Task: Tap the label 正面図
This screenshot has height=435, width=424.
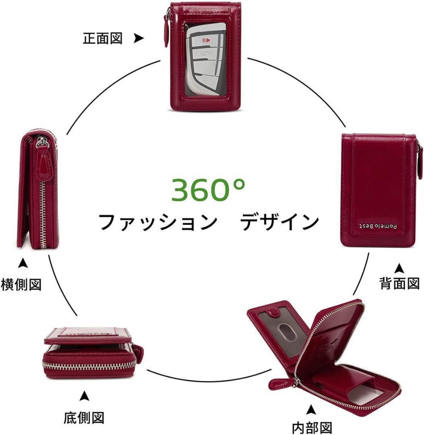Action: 102,39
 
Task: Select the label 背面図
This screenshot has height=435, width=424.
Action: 399,283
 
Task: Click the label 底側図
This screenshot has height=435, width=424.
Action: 84,417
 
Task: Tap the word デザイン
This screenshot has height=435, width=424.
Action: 280,222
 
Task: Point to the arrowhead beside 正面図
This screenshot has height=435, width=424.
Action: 139,38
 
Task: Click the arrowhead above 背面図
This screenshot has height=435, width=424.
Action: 399,267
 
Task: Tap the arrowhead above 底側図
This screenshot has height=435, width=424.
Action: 84,396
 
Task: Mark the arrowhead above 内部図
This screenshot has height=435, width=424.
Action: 310,410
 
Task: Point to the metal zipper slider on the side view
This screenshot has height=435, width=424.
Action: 41,142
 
